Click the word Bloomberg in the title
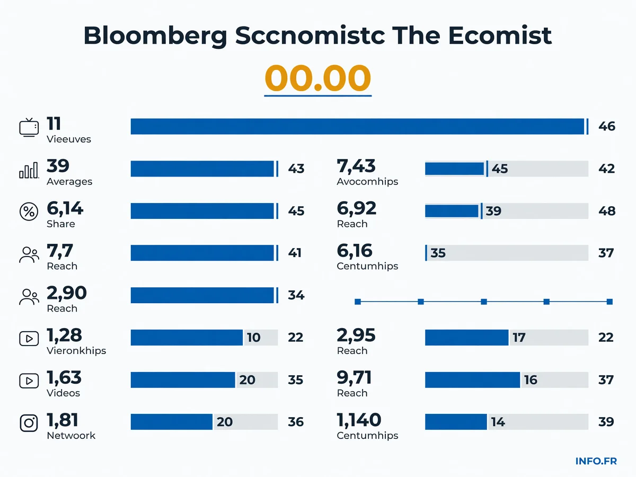click(155, 36)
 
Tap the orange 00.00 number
click(317, 77)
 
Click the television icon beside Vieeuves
click(29, 127)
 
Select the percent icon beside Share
click(29, 211)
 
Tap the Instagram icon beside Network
click(29, 423)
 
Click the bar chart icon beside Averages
click(29, 170)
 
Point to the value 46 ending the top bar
click(607, 126)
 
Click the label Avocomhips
click(367, 182)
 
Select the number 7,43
click(356, 166)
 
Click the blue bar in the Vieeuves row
click(357, 126)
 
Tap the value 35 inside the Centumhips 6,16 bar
click(438, 253)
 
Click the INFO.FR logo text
click(596, 461)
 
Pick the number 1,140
click(359, 420)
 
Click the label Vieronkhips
click(76, 351)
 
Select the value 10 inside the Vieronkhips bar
click(253, 338)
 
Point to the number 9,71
click(354, 378)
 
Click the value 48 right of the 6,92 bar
click(607, 211)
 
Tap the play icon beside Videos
click(29, 381)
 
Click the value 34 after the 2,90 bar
click(296, 295)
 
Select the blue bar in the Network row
click(172, 422)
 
